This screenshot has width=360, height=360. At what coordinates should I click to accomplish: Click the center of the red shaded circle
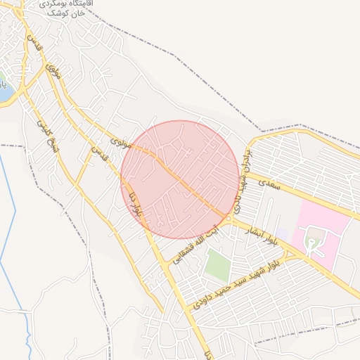point(180,179)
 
